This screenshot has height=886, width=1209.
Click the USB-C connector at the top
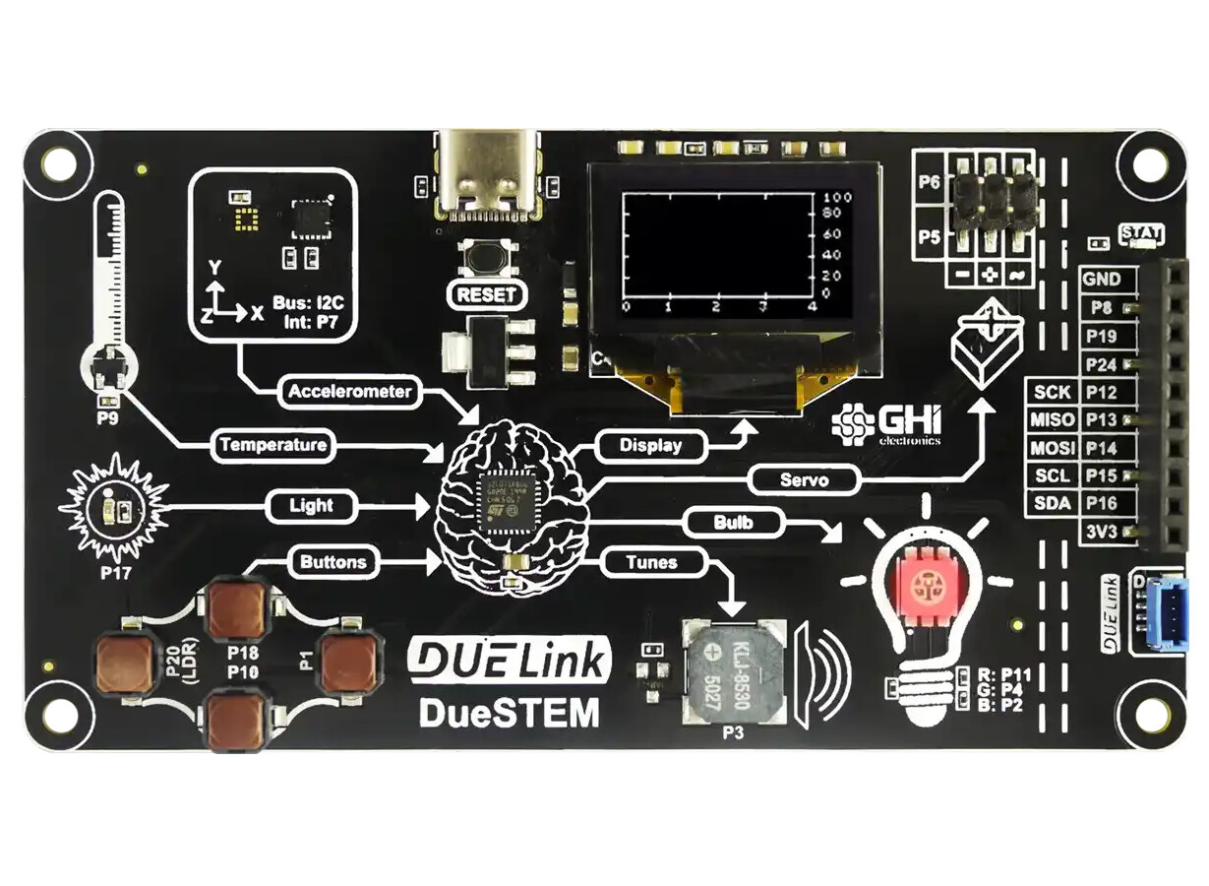489,173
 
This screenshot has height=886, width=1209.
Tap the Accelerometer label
349,392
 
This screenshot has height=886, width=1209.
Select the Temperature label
272,445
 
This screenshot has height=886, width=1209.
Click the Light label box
311,506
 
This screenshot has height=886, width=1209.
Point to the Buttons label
332,563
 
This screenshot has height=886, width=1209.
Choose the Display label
650,445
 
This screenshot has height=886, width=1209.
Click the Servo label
805,481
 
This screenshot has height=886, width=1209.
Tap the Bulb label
733,522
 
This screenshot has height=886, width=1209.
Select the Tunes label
651,563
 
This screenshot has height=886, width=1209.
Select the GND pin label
1102,280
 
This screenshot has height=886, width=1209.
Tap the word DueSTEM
509,712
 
